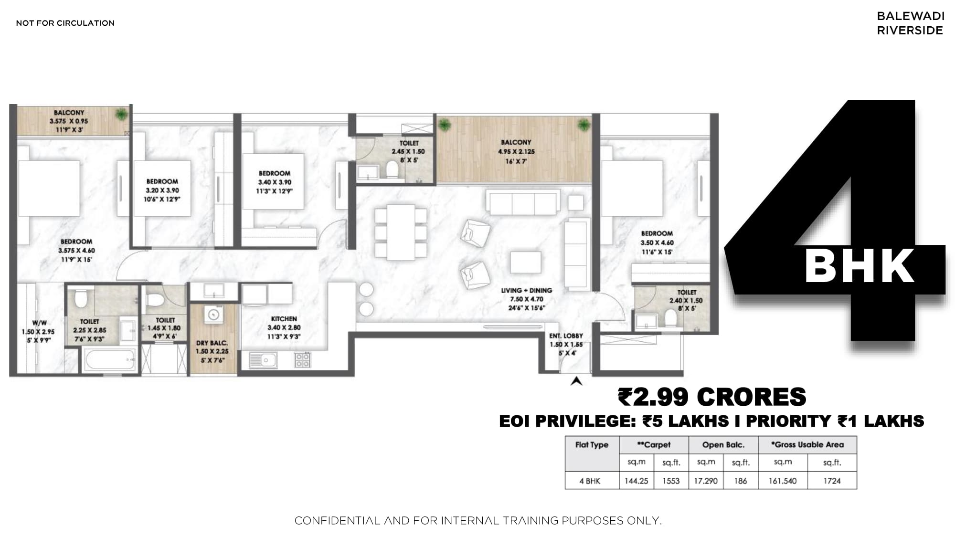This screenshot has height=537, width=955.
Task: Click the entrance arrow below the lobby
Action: (576, 381)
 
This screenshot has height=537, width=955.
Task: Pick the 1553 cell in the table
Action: (671, 481)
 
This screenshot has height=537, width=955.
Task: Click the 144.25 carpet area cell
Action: (636, 481)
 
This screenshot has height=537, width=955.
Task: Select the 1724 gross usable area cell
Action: (832, 481)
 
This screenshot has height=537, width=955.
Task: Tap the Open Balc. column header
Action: (723, 444)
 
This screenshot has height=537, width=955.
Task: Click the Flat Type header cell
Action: (592, 444)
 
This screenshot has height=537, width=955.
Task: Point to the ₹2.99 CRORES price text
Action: (712, 397)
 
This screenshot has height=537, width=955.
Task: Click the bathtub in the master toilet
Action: (109, 359)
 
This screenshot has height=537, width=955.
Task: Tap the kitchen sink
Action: (263, 360)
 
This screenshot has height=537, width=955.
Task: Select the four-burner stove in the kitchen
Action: (302, 359)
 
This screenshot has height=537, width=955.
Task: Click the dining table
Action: (401, 232)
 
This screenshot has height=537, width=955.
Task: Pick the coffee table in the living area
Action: (525, 262)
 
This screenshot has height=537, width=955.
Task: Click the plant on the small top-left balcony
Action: (122, 114)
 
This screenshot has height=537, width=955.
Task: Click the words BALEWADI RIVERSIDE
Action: (910, 23)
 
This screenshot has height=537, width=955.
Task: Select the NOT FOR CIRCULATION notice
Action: (65, 23)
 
